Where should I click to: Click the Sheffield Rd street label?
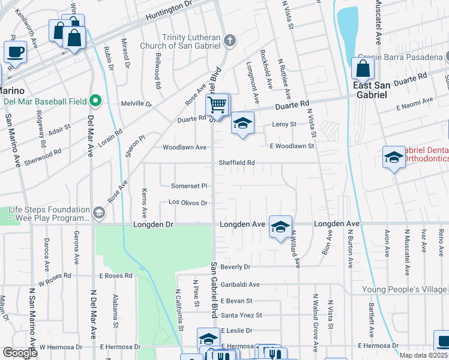(237, 163)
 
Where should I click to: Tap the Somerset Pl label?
(189, 186)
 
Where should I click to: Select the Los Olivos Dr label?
(188, 203)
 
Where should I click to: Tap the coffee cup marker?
(15, 52)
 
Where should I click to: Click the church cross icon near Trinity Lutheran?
(229, 41)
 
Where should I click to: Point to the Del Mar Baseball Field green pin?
(95, 100)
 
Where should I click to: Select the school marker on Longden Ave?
(280, 227)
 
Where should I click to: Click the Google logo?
(20, 353)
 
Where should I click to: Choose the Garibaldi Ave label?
(240, 284)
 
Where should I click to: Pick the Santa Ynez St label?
(241, 315)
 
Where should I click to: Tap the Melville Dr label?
(137, 103)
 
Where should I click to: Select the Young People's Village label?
(405, 290)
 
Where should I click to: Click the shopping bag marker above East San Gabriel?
(363, 69)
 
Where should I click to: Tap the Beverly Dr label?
(235, 266)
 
